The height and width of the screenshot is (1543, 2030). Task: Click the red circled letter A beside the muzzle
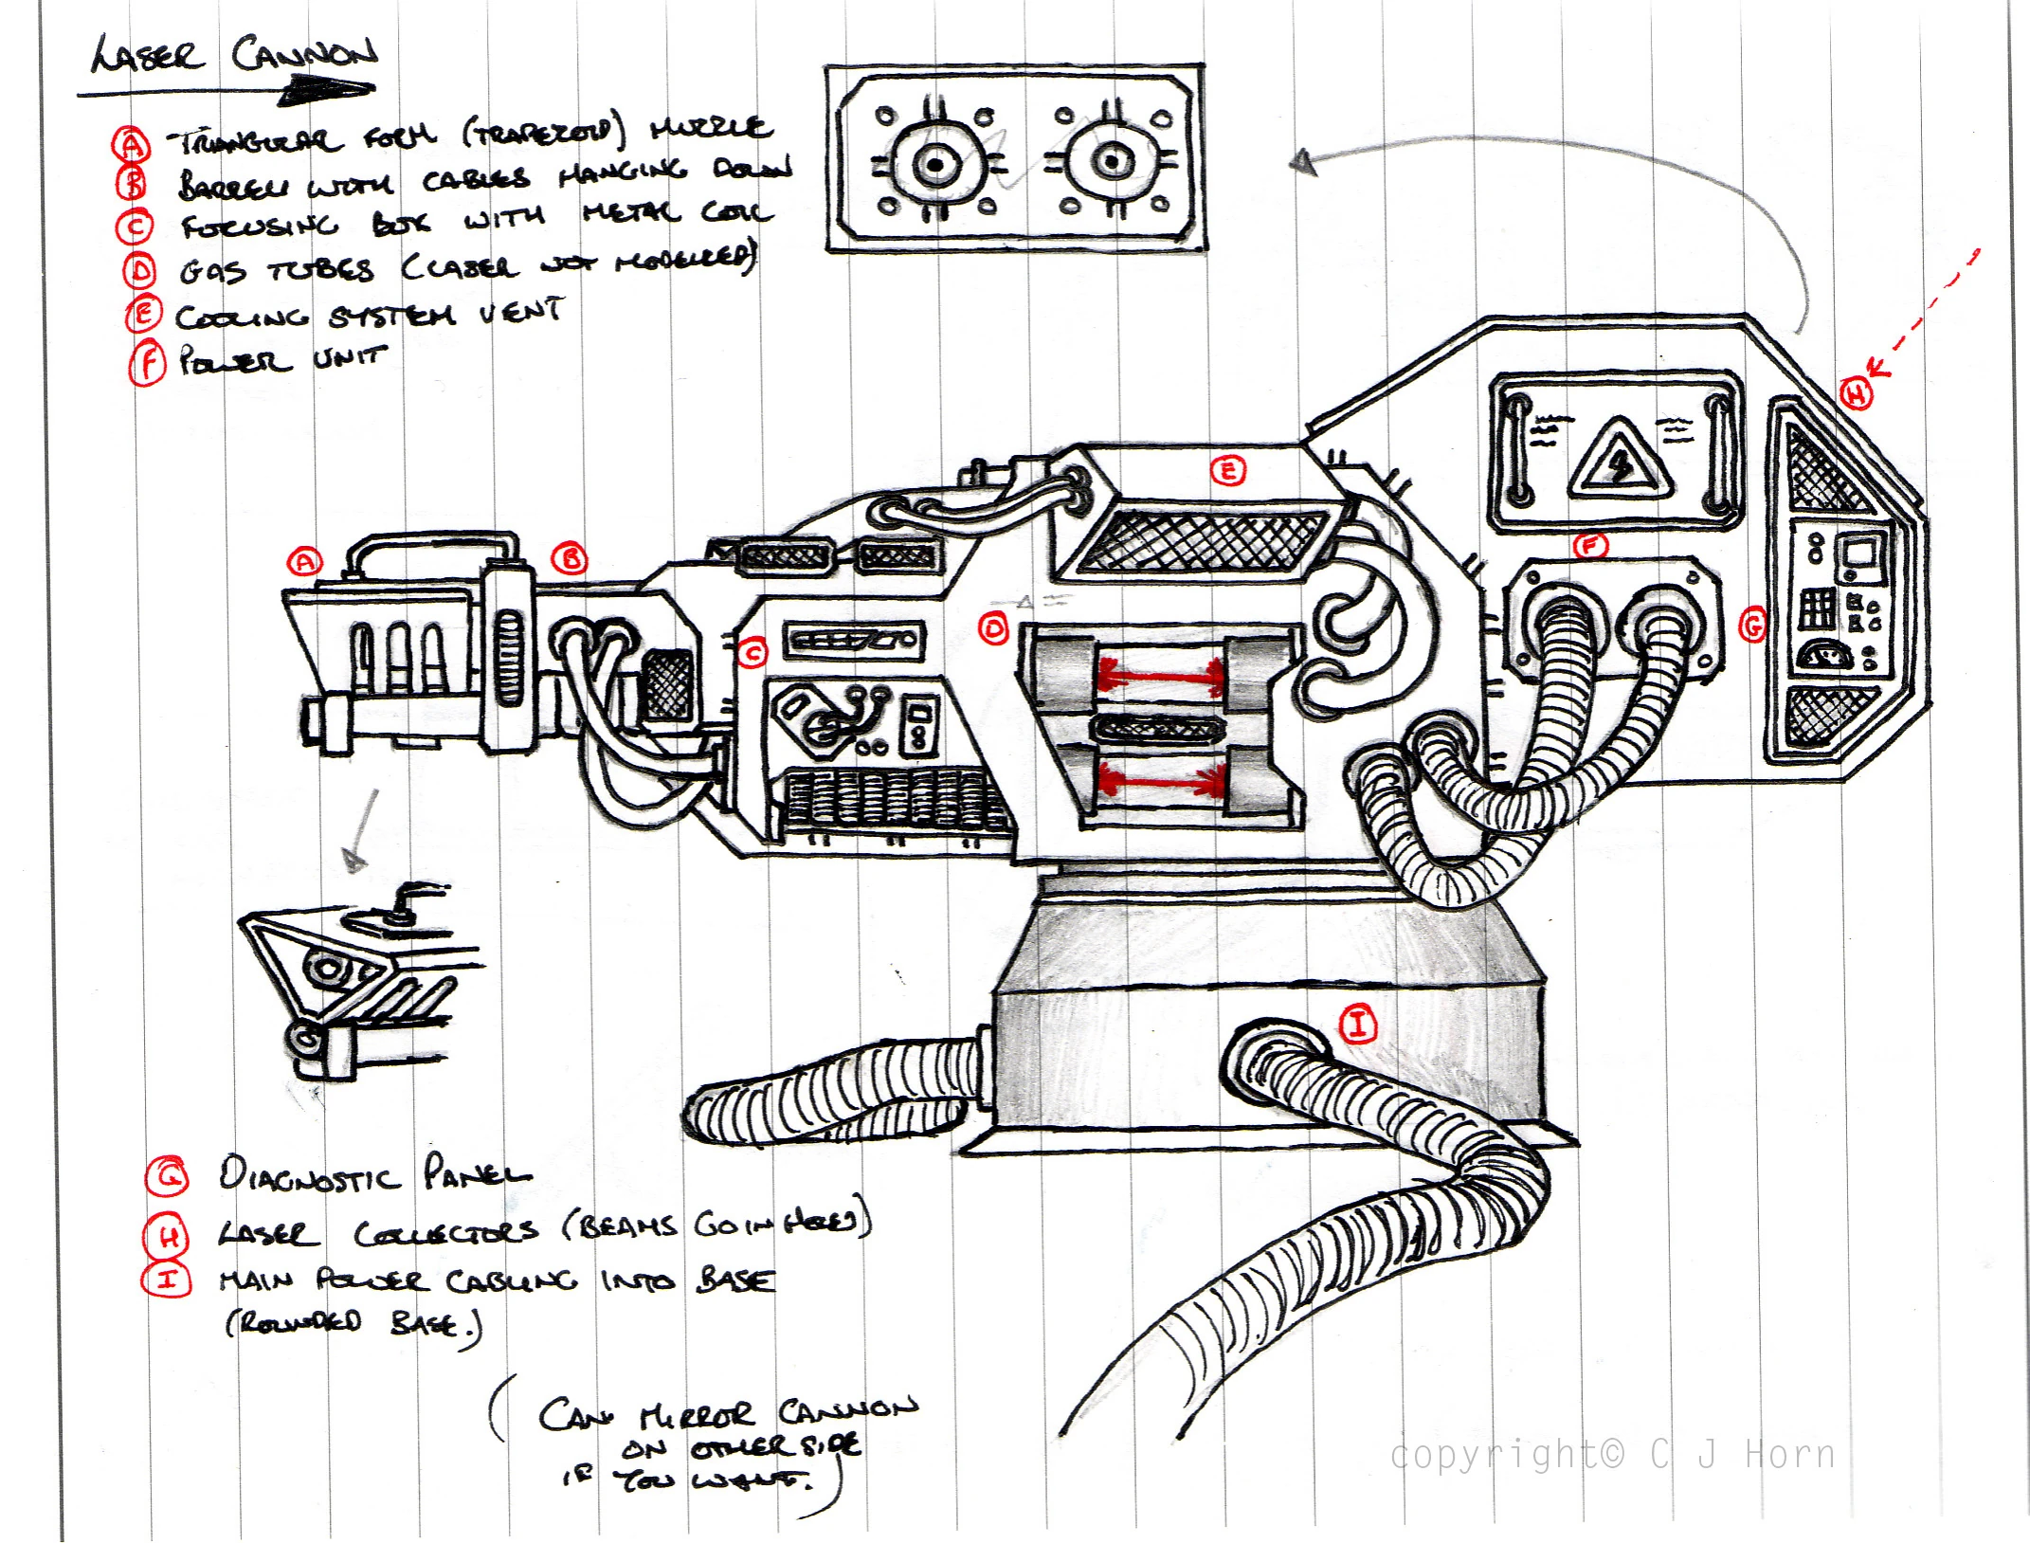304,562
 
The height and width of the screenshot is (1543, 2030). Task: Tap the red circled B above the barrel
571,559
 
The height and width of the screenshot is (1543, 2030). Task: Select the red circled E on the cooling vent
1228,471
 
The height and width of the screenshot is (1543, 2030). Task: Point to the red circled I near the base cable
1357,1025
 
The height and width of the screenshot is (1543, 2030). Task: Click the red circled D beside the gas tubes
993,629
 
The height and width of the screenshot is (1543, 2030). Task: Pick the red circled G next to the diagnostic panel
1753,626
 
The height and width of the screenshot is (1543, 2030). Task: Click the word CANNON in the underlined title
303,55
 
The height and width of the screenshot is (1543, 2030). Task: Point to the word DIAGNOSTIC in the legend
309,1176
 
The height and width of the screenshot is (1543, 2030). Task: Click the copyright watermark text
1611,1454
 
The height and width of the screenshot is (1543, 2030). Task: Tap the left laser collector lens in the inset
936,165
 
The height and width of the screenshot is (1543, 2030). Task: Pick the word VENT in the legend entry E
520,311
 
